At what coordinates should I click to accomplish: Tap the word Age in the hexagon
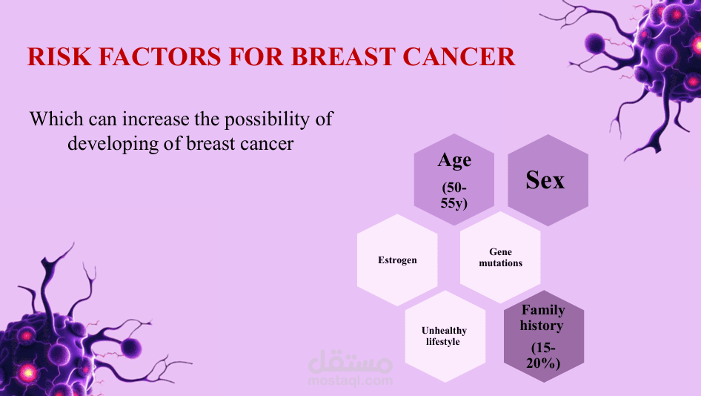tap(454, 161)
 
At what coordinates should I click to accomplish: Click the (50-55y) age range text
tap(454, 195)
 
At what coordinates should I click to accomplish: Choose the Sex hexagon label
tap(545, 180)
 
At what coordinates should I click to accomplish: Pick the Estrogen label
tap(397, 260)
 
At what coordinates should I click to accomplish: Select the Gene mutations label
tap(501, 257)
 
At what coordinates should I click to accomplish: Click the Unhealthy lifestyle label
tap(444, 336)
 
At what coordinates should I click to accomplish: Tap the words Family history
tap(542, 317)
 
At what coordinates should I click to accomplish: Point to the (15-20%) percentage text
tap(543, 355)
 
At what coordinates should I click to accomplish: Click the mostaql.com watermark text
tap(350, 380)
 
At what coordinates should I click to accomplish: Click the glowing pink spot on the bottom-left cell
tap(27, 372)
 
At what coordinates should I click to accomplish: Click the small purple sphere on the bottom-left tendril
tap(131, 347)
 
